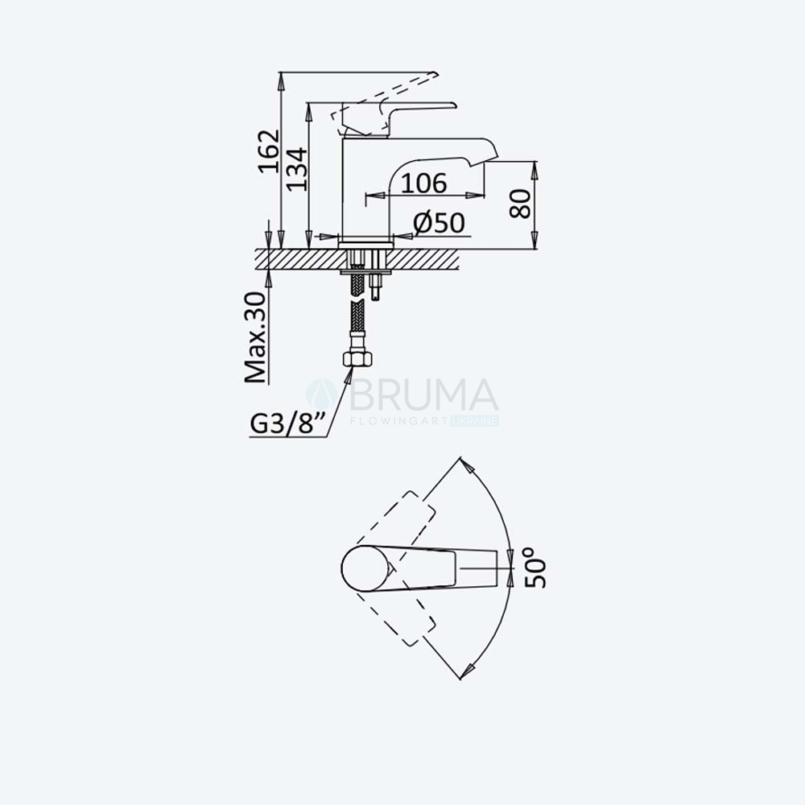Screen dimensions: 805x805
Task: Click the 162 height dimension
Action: point(269,151)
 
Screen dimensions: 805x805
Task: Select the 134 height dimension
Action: point(297,170)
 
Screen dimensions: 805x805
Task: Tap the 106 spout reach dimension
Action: point(423,184)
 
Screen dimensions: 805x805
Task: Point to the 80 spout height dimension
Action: point(521,204)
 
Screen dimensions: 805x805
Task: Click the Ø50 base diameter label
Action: point(439,223)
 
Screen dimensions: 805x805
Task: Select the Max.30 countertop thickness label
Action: point(255,337)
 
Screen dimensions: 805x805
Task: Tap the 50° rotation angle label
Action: point(536,568)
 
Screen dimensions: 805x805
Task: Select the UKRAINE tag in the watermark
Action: point(475,422)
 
